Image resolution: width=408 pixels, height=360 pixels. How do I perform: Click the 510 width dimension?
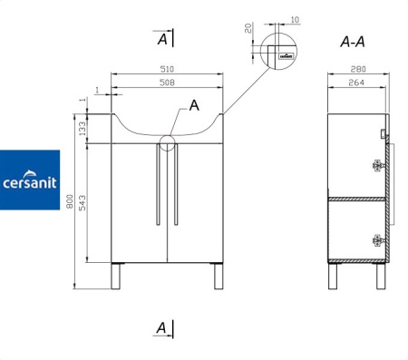pos(167,69)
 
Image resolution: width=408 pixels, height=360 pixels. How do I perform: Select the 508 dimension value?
pos(167,83)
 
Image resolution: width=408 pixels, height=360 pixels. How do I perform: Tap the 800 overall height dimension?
pos(70,201)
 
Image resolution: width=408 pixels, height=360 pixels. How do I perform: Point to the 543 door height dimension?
pos(83,203)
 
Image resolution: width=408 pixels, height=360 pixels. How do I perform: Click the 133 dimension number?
pos(83,129)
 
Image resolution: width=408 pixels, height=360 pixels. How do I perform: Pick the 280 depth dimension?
pos(358,69)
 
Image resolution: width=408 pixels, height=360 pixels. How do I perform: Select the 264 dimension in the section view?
pos(356,83)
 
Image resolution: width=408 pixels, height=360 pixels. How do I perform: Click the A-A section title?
pos(353,42)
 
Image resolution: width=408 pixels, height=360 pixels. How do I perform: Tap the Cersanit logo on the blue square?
pos(30,180)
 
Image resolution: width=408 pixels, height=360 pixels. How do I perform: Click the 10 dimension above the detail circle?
pos(295,20)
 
